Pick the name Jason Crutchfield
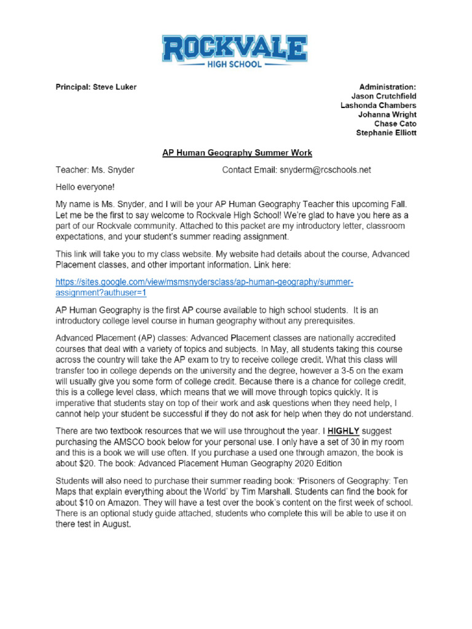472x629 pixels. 383,96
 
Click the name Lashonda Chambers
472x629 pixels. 378,106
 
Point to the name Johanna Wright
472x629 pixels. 387,115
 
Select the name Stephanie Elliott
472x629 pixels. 386,133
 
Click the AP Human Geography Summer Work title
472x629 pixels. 237,152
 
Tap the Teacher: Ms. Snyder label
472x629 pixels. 95,170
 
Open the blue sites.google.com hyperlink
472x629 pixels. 204,287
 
